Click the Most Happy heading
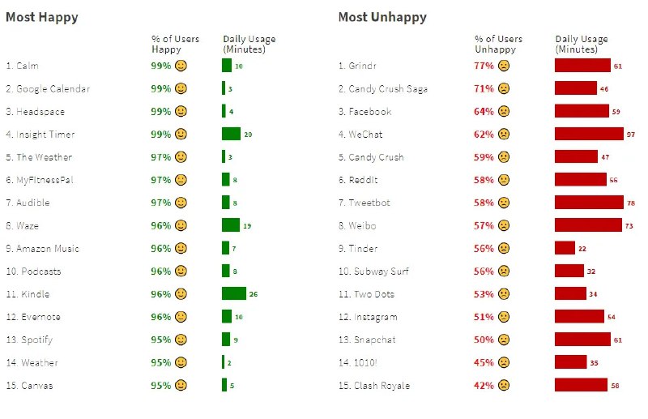42,17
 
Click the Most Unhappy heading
382,17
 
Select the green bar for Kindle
234,293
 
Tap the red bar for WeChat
589,134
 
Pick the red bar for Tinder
565,248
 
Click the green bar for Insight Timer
231,134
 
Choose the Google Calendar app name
48,88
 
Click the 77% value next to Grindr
484,66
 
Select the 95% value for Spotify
161,340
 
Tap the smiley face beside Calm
181,66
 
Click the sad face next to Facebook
504,111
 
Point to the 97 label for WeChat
631,134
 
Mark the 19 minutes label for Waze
247,225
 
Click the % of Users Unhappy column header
498,44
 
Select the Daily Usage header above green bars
249,44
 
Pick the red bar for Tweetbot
589,203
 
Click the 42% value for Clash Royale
484,386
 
